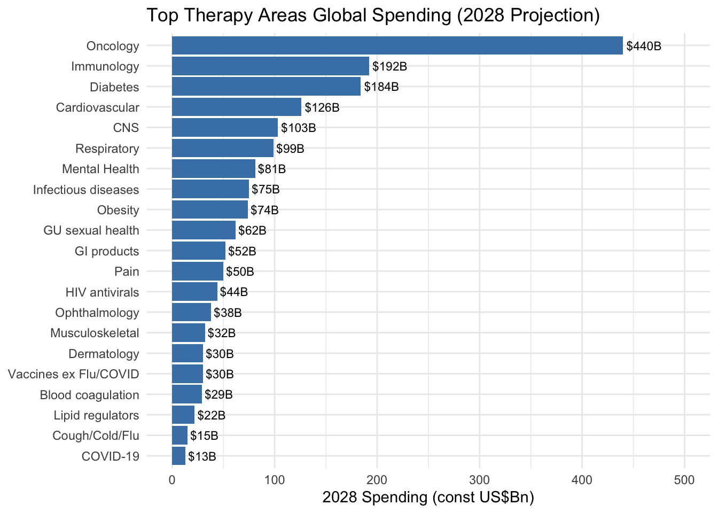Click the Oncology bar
(x=397, y=46)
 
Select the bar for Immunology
(x=270, y=66)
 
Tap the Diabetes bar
(x=266, y=87)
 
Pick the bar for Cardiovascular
(x=236, y=107)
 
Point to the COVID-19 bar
(x=178, y=456)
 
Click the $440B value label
(x=644, y=46)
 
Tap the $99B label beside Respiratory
(x=290, y=149)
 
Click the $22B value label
(x=212, y=415)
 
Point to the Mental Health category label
(x=100, y=169)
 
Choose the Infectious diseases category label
(x=86, y=190)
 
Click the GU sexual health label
(x=91, y=230)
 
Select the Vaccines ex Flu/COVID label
(x=74, y=374)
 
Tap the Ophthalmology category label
(x=97, y=313)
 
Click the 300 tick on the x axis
(x=480, y=480)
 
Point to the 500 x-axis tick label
(x=685, y=480)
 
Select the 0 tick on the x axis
(x=172, y=480)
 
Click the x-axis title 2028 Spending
(x=428, y=498)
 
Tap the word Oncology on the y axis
(x=113, y=46)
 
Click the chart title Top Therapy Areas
(x=373, y=15)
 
